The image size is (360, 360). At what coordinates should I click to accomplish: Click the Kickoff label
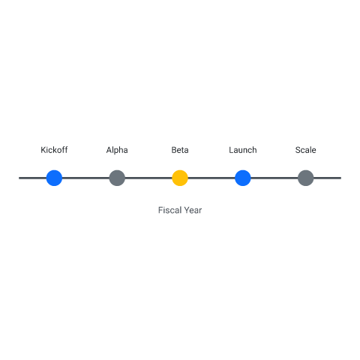(x=54, y=150)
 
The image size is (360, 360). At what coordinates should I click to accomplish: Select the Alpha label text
(x=117, y=150)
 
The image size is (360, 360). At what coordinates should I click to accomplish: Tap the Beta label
(x=180, y=150)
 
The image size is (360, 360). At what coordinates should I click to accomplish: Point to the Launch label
(x=243, y=150)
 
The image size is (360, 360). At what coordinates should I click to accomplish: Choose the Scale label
(x=305, y=150)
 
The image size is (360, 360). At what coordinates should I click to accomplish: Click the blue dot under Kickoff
(x=54, y=178)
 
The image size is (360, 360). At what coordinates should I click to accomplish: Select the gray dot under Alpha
(x=117, y=178)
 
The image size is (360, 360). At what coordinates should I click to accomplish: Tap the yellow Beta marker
(x=180, y=178)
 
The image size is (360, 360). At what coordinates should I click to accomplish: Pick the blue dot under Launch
(x=243, y=178)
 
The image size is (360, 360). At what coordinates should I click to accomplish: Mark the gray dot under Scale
(x=306, y=178)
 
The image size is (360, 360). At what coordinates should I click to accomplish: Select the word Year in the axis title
(x=193, y=210)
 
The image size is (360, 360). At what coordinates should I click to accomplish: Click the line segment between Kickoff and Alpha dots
(x=85, y=178)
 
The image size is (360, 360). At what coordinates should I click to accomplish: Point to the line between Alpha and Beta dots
(x=148, y=178)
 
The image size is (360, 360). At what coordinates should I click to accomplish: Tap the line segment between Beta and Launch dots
(x=211, y=178)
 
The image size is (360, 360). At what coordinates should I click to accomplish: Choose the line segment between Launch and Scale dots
(x=274, y=178)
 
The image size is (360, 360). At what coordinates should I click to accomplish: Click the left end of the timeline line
(x=19, y=178)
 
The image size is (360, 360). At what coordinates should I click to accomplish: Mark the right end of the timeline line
(x=341, y=178)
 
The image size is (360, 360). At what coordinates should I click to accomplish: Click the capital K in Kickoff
(x=43, y=150)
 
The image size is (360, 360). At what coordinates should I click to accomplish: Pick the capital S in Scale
(x=298, y=150)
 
